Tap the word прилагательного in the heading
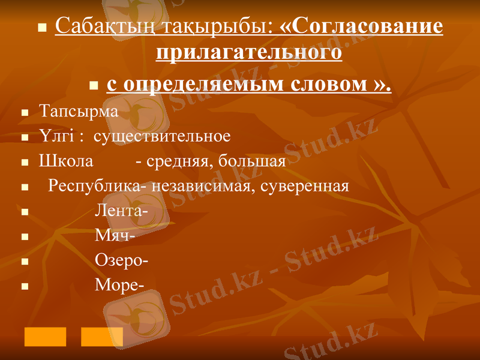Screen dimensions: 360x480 pyautogui.click(x=249, y=53)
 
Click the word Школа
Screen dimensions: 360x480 pyautogui.click(x=66, y=161)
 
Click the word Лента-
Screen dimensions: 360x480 pyautogui.click(x=122, y=211)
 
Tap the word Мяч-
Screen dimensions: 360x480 pyautogui.click(x=115, y=236)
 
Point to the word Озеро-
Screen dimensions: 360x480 pyautogui.click(x=122, y=260)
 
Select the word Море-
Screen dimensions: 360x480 pyautogui.click(x=119, y=285)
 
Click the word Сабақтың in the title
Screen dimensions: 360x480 pyautogui.click(x=97, y=26)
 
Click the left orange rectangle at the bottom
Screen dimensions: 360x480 pyautogui.click(x=45, y=337)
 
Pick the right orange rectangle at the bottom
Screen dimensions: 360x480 pyautogui.click(x=102, y=337)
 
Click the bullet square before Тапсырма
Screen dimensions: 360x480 pyautogui.click(x=25, y=113)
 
